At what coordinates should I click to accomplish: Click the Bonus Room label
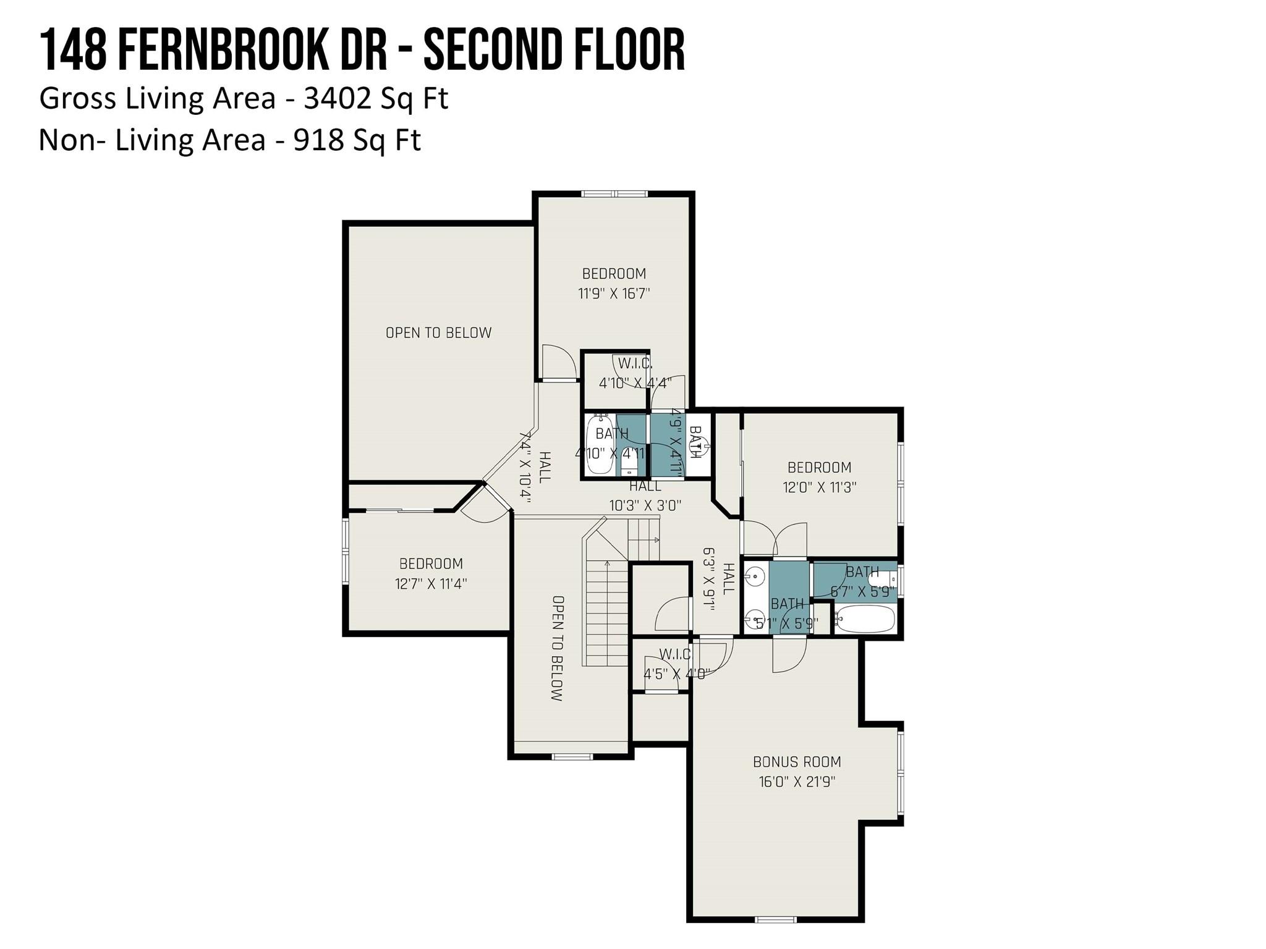[x=797, y=762]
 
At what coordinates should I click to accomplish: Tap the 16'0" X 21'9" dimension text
[x=797, y=782]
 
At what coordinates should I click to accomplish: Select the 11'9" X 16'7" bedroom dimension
[x=614, y=293]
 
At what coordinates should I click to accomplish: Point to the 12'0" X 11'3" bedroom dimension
[x=819, y=487]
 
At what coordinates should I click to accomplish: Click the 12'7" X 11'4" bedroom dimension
[x=431, y=583]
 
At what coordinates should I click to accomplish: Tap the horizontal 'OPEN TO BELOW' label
[x=439, y=333]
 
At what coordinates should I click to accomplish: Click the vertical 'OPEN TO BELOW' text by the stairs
[x=557, y=648]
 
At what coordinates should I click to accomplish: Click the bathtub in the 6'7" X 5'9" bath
[x=865, y=618]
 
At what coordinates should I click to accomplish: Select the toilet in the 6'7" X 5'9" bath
[x=882, y=578]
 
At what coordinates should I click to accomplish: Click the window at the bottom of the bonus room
[x=776, y=919]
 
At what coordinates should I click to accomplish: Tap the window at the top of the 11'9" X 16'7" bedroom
[x=614, y=194]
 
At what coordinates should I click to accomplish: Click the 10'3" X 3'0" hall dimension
[x=645, y=505]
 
